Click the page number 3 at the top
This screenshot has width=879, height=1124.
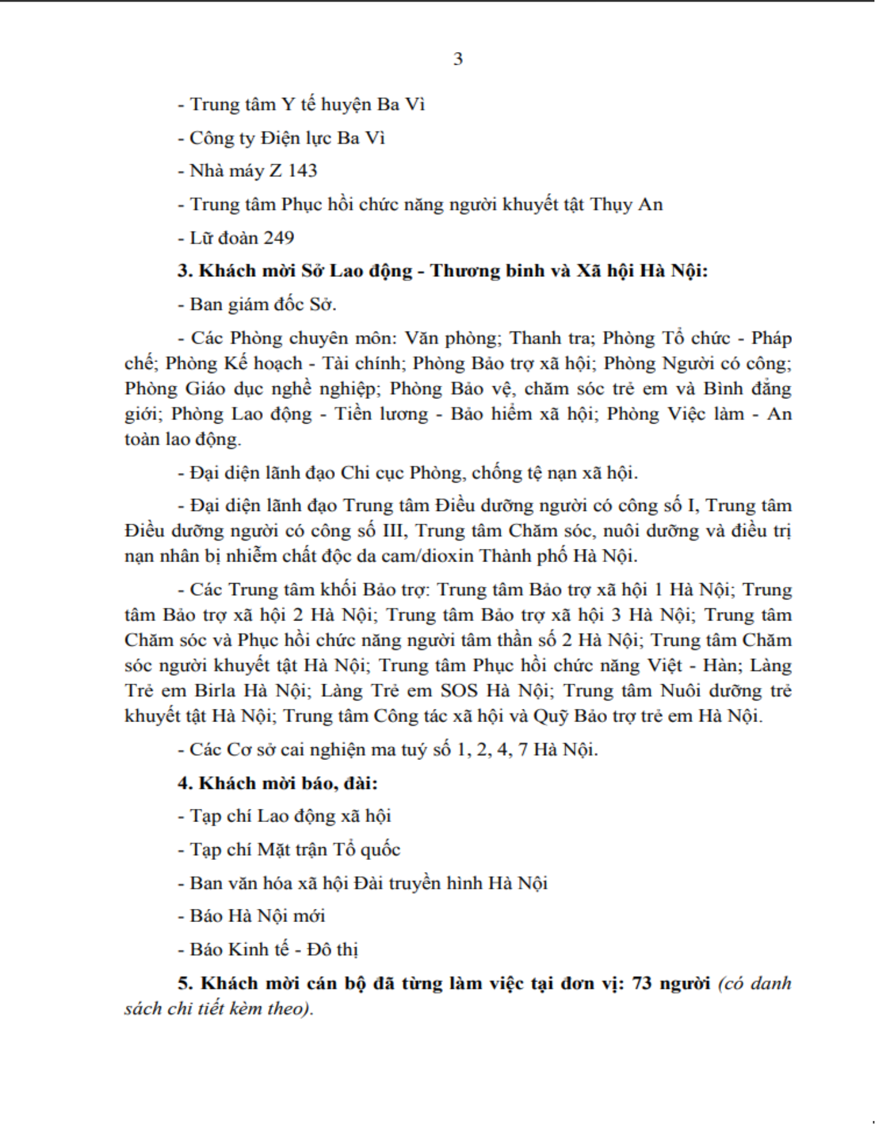[458, 59]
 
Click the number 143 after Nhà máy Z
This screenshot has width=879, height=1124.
[302, 171]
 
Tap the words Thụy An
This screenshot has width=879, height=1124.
[626, 205]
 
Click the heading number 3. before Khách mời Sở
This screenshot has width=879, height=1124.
[185, 271]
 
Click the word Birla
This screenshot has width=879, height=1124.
[214, 690]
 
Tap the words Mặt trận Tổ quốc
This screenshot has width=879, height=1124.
[328, 850]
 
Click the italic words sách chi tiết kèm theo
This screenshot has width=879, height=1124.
[218, 1008]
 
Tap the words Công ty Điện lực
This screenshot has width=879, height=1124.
[261, 138]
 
